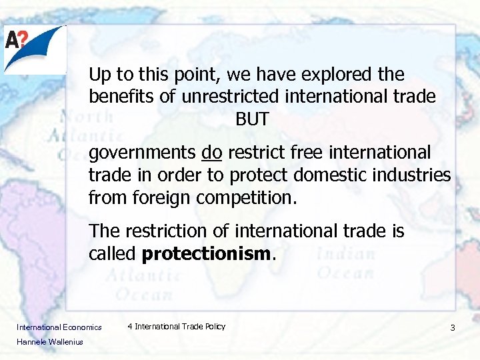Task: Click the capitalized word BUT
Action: [x=252, y=120]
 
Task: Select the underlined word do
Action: [x=211, y=153]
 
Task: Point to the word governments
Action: [x=142, y=153]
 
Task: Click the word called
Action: [x=113, y=255]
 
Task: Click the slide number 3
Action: [x=453, y=328]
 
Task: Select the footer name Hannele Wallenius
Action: [x=50, y=342]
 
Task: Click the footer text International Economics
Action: [x=59, y=327]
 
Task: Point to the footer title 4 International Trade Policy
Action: [x=177, y=327]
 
